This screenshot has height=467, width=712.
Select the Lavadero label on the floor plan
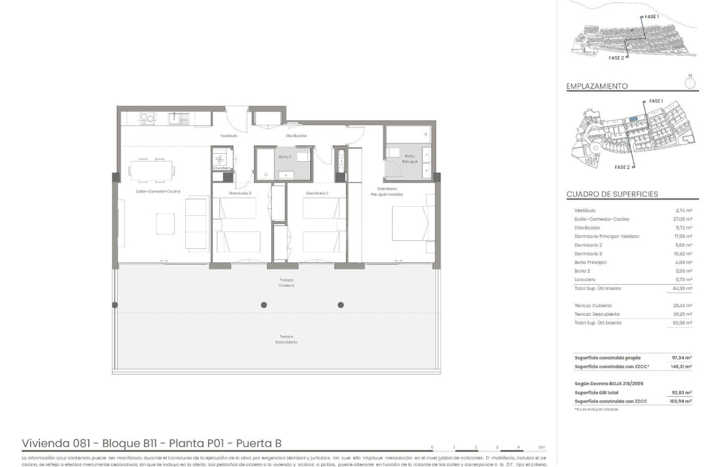pos(222,168)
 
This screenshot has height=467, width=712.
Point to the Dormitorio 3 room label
pos(240,193)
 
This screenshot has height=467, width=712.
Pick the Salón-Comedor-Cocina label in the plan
pos(158,191)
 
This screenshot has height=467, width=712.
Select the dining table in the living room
pos(151,170)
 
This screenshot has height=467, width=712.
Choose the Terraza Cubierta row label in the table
pos(593,306)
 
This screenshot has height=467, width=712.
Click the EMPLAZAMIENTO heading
pos(597,86)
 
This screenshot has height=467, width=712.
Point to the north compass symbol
pos(690,83)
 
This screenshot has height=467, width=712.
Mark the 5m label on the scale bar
pos(541,448)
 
